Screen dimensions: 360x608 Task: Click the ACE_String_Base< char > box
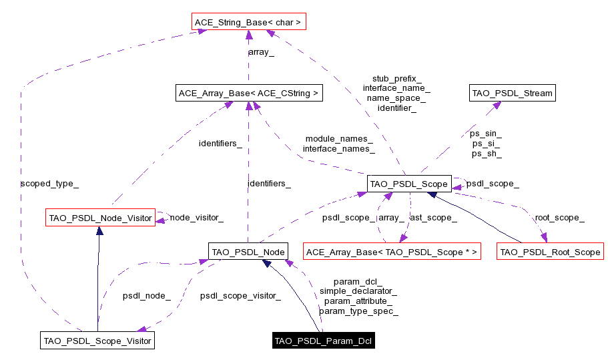[x=248, y=23]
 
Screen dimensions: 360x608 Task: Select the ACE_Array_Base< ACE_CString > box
[x=248, y=94]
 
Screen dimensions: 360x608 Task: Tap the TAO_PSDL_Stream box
[x=512, y=94]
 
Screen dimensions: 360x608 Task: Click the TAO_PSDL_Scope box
[x=409, y=183]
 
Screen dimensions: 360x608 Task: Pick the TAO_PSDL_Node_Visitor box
[x=100, y=218]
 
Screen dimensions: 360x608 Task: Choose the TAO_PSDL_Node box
[x=248, y=252]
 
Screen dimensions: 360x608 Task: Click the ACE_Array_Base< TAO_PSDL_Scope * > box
[x=392, y=252]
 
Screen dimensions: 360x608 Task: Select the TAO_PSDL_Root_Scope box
[x=550, y=252]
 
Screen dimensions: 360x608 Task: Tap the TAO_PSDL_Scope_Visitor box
[x=97, y=341]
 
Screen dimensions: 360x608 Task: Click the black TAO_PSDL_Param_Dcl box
[x=324, y=341]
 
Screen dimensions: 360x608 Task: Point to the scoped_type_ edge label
[x=45, y=182]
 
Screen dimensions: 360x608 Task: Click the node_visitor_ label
[x=196, y=218]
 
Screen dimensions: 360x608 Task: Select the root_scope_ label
[x=559, y=218]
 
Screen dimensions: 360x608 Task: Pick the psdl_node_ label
[x=146, y=295]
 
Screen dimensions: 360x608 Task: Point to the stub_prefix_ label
[x=396, y=79]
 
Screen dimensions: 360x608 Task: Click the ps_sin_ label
[x=486, y=134]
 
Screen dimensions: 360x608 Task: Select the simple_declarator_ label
[x=358, y=291]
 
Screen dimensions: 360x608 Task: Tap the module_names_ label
[x=338, y=139]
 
